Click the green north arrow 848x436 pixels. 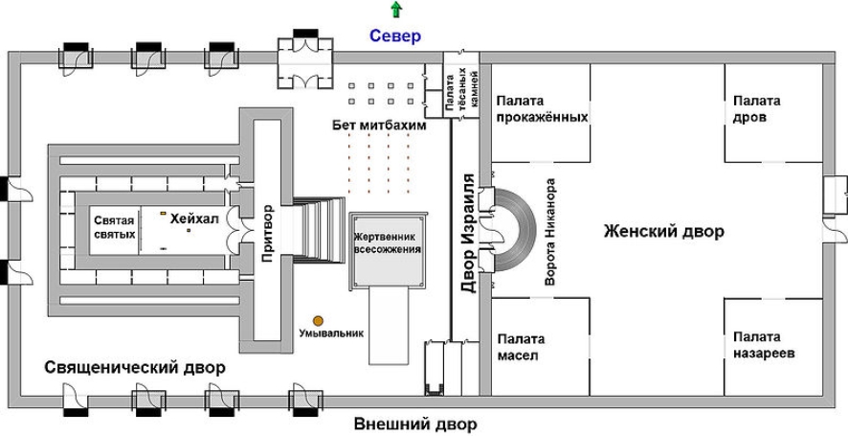point(395,11)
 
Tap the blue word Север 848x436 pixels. point(395,36)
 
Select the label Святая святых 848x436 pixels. point(114,227)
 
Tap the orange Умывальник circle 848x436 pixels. point(317,320)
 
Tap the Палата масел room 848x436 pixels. point(521,346)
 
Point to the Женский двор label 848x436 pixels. point(663,232)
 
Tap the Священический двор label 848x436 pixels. point(134,368)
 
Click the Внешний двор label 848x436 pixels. point(414,424)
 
